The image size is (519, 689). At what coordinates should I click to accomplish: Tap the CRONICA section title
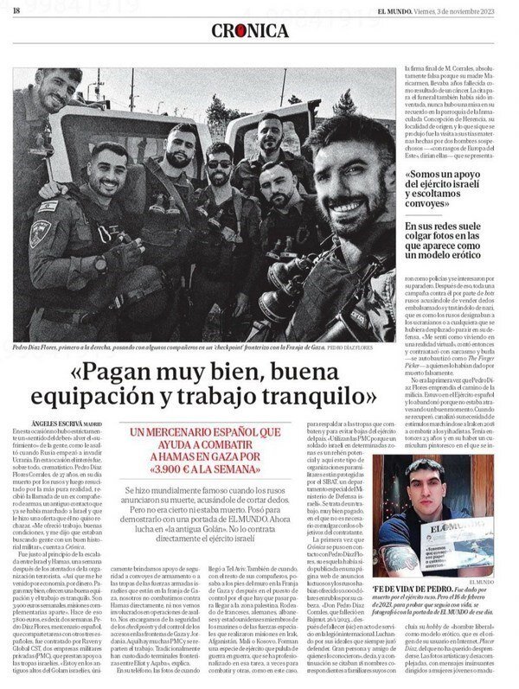coord(251,31)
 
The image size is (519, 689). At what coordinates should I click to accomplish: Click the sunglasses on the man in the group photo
coord(220,164)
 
